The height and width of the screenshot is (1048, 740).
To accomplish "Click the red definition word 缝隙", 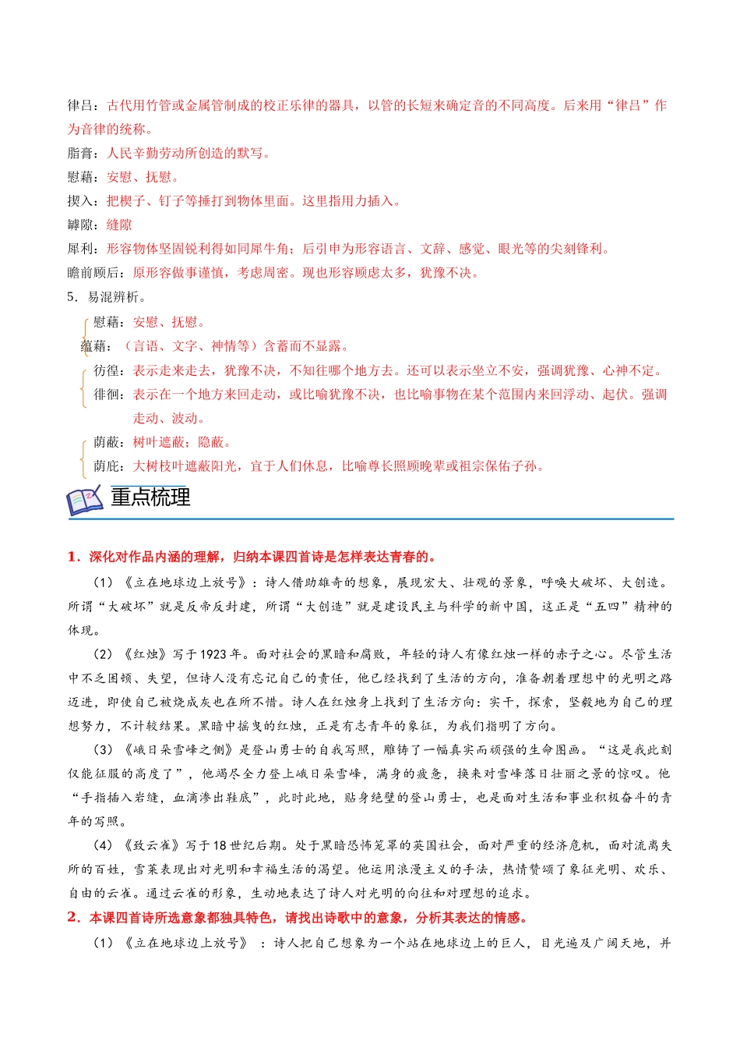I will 119,225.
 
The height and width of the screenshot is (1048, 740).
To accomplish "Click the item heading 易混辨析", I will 113,297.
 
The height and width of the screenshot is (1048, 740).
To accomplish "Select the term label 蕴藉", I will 95,346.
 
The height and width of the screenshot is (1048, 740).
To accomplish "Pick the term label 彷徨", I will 107,370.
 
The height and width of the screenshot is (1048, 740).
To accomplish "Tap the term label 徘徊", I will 107,395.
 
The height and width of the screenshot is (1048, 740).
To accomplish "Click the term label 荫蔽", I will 107,443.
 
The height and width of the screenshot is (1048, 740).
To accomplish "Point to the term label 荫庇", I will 107,466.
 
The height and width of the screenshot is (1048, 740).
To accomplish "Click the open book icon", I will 85,500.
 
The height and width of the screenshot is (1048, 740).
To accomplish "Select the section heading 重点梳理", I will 150,497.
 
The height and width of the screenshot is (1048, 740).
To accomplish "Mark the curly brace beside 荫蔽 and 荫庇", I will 83,455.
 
